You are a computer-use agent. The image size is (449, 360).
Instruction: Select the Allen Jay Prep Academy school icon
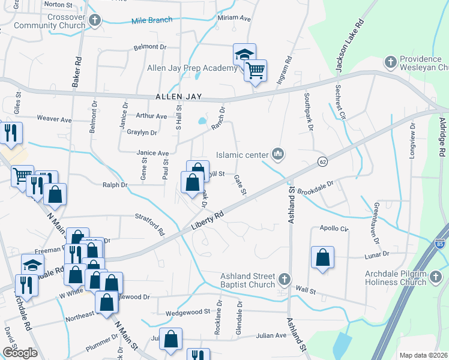(x=244, y=55)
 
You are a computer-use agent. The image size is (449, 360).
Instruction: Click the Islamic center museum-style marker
(x=277, y=154)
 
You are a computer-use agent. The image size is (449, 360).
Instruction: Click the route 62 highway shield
(x=322, y=162)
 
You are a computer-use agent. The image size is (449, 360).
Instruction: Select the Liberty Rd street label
(x=207, y=220)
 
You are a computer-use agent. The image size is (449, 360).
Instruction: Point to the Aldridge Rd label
(x=442, y=136)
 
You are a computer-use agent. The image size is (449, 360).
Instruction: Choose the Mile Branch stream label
(x=152, y=21)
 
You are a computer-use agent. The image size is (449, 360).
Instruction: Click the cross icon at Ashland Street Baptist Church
(x=285, y=279)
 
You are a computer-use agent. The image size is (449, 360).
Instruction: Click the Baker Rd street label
(x=77, y=71)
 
